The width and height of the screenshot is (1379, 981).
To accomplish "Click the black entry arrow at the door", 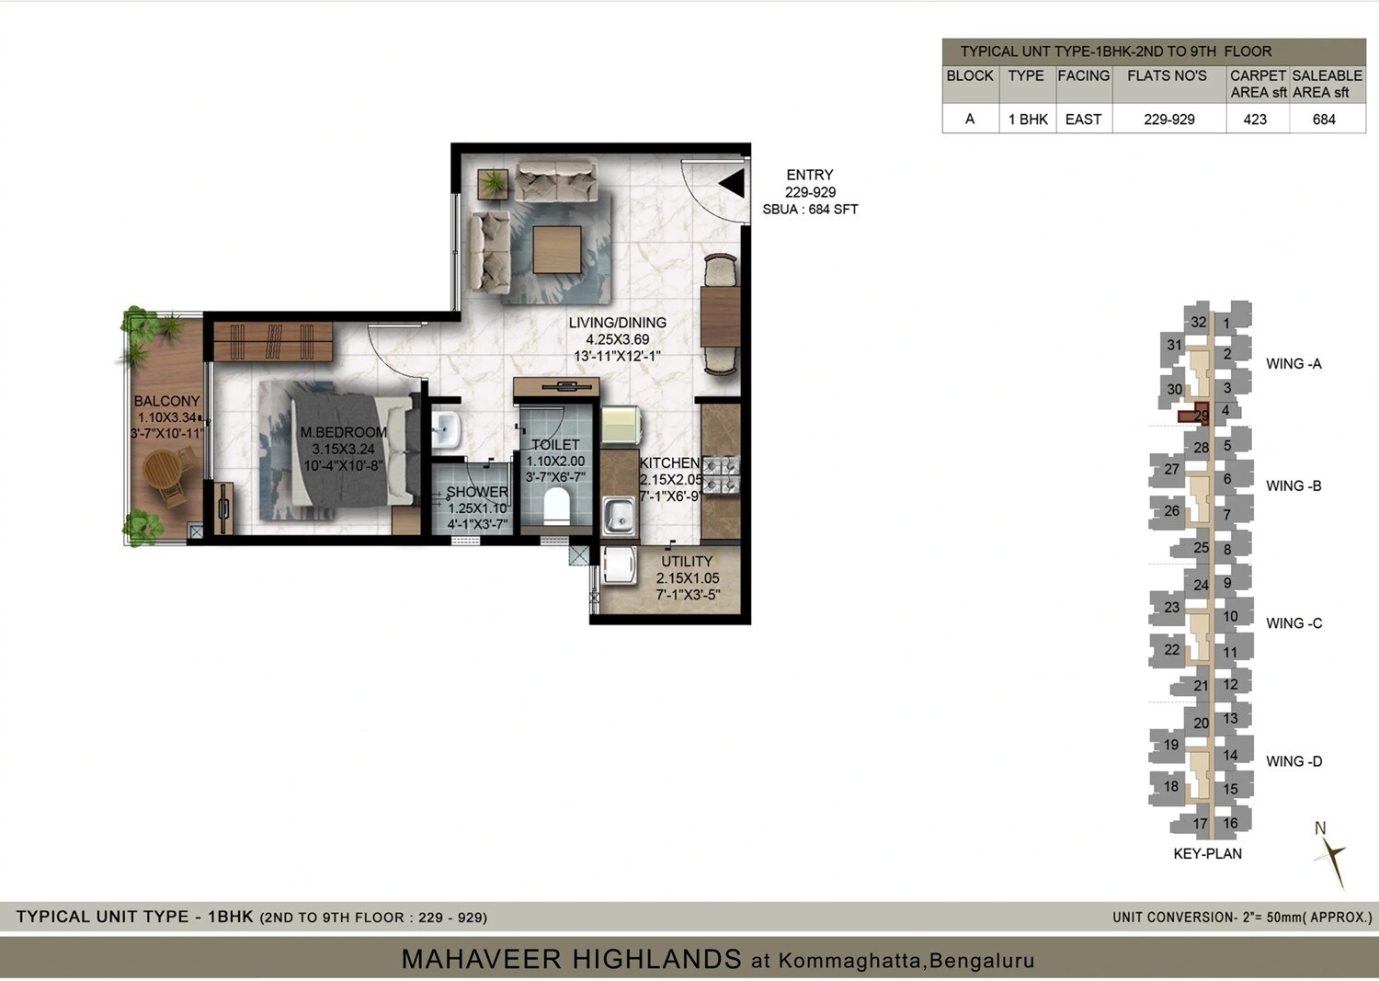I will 733,184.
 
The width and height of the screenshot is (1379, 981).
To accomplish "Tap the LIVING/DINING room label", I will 617,323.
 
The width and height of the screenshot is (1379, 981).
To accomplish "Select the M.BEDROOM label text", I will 343,432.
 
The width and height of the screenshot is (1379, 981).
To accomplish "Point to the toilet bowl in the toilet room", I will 556,507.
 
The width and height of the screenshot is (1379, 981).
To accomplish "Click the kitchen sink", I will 619,516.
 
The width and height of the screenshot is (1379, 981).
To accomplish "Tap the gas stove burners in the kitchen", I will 723,475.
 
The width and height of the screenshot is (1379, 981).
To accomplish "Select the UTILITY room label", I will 687,562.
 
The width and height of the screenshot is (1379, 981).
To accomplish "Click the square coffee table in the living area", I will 556,250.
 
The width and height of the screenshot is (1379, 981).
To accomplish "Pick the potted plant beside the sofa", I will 494,183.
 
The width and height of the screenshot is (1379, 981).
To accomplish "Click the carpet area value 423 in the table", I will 1255,120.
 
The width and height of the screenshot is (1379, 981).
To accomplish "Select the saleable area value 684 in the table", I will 1324,120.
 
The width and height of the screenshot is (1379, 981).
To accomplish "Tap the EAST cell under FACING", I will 1083,120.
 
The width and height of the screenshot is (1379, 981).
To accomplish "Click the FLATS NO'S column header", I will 1167,76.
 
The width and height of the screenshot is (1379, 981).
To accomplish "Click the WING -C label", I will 1294,623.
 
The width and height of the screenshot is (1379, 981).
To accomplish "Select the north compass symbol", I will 1329,853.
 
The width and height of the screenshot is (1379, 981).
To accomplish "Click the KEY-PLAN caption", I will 1207,854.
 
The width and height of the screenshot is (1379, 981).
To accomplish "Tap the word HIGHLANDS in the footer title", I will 655,960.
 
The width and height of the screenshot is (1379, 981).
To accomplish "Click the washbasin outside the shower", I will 446,428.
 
